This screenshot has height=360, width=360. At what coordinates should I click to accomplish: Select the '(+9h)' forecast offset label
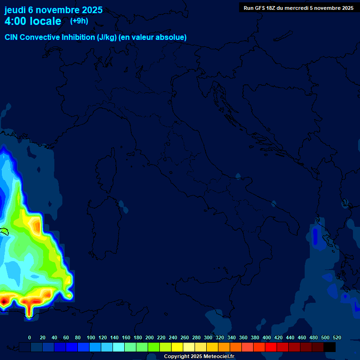pos(79,21)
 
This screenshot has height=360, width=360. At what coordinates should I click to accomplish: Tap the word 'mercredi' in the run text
pos(296,8)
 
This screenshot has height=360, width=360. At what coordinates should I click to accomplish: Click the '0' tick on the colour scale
pos(30,337)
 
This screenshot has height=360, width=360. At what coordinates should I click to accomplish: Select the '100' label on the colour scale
pos(91,337)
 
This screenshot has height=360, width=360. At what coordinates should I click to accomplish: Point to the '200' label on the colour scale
pos(150,337)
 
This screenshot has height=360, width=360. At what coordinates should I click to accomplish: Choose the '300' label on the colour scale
pos(208,337)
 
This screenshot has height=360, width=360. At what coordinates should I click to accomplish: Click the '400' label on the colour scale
pos(267,337)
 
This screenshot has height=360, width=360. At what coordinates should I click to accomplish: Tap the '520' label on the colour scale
pos(337,337)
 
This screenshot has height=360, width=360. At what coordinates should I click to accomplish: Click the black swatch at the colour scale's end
pos(330,347)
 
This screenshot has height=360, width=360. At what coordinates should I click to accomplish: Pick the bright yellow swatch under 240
pos(177,347)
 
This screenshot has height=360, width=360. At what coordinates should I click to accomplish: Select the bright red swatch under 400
pos(271,347)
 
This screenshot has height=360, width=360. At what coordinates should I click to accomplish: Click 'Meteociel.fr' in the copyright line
pos(218,357)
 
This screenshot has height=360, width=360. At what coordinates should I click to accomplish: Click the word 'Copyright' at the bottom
pos(177,357)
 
